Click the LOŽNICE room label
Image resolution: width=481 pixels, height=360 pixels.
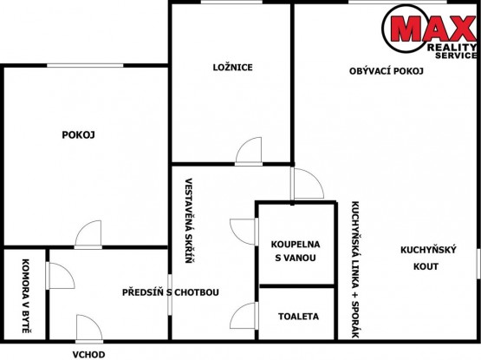point(233,67)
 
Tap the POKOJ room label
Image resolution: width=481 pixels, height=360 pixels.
point(78,134)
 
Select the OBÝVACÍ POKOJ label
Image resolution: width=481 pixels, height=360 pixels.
point(387,71)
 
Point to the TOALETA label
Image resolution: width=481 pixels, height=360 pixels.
point(298,317)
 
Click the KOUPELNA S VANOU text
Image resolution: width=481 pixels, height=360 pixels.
point(296,251)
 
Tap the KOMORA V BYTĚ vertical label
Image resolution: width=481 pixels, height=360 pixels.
point(26,296)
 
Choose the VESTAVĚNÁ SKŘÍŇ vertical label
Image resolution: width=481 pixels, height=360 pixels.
point(189,220)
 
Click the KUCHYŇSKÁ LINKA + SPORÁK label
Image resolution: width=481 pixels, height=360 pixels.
point(355,270)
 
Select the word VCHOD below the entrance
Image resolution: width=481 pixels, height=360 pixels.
point(88,355)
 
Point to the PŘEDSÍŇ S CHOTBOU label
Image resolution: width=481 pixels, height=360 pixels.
point(171,292)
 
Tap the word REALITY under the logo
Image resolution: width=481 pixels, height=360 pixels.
point(452,48)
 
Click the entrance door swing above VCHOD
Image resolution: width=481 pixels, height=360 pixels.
point(89,328)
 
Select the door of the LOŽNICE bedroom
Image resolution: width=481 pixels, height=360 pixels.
point(249,151)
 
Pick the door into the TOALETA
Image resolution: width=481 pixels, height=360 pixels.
point(244,316)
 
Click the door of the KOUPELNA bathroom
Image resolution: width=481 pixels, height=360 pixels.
point(244,232)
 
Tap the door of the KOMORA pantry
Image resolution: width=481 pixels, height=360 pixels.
point(60,276)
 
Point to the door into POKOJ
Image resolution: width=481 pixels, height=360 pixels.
point(88,234)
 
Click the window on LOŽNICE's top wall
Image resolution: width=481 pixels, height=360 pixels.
point(231,2)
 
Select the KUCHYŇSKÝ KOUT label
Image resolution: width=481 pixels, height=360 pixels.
point(428,258)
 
